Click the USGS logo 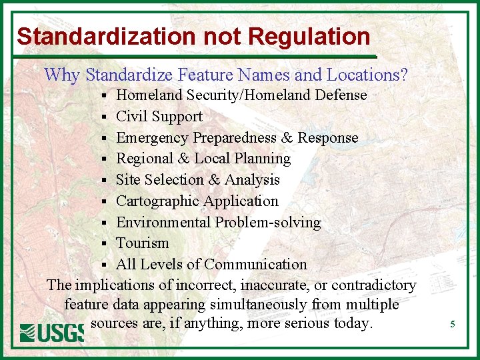(51, 331)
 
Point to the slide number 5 (453, 325)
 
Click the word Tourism (142, 243)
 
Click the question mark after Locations (403, 75)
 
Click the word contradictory (374, 285)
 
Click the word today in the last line (353, 324)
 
